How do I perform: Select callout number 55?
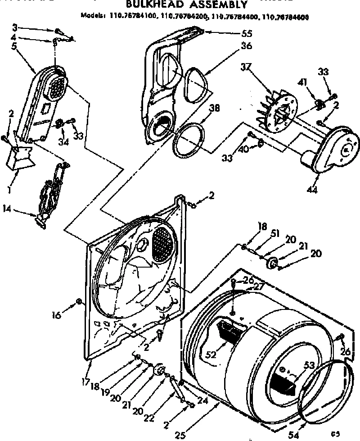246,33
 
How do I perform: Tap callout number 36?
246,46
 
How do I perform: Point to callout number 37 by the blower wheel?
245,67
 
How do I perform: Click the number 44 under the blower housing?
312,190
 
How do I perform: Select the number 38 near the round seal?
215,108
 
